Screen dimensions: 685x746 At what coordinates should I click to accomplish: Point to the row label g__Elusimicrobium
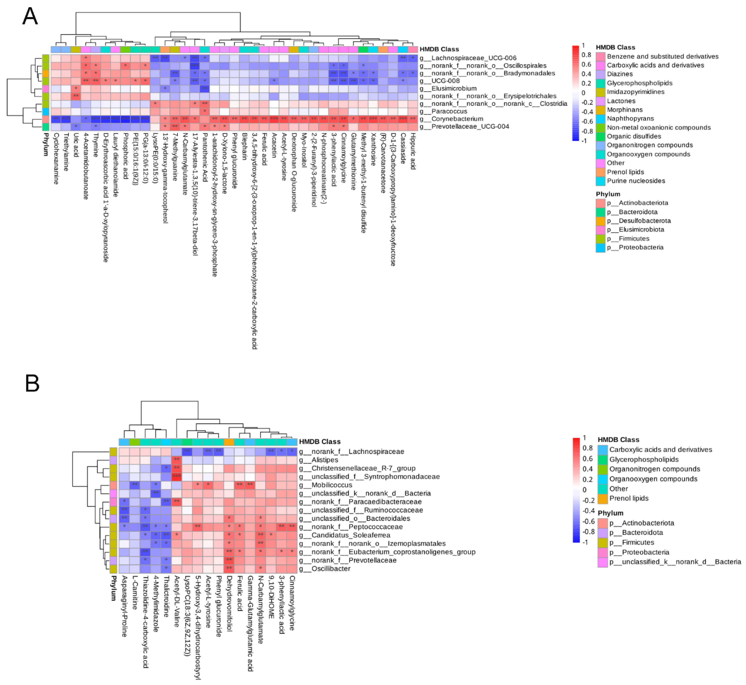pos(453,88)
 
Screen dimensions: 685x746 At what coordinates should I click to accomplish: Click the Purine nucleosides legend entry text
pos(636,181)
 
